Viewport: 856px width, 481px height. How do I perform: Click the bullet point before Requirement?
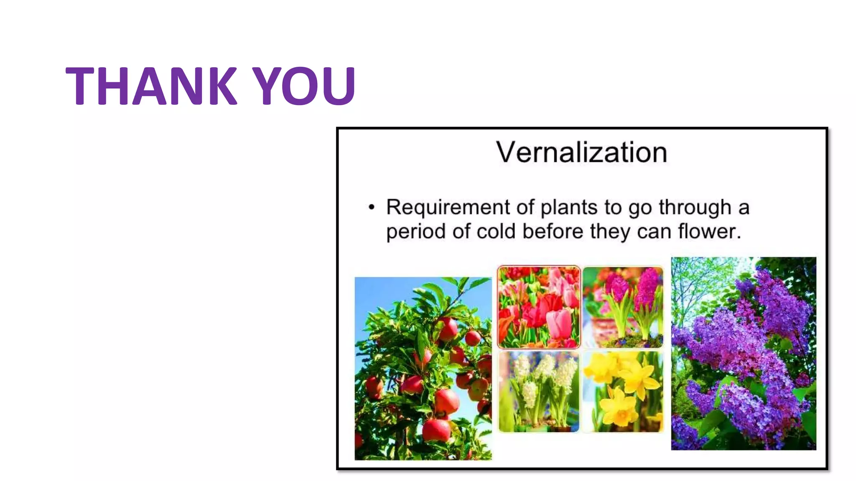point(371,208)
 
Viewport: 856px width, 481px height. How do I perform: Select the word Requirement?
point(448,208)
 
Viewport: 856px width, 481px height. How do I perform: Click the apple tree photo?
point(423,368)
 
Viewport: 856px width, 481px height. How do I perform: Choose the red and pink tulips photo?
point(539,307)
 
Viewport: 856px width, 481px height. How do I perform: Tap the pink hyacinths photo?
point(623,307)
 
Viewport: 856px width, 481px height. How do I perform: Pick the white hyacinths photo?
point(539,392)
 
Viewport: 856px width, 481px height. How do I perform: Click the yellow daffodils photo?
point(623,392)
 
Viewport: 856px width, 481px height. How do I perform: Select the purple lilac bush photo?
point(743,353)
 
